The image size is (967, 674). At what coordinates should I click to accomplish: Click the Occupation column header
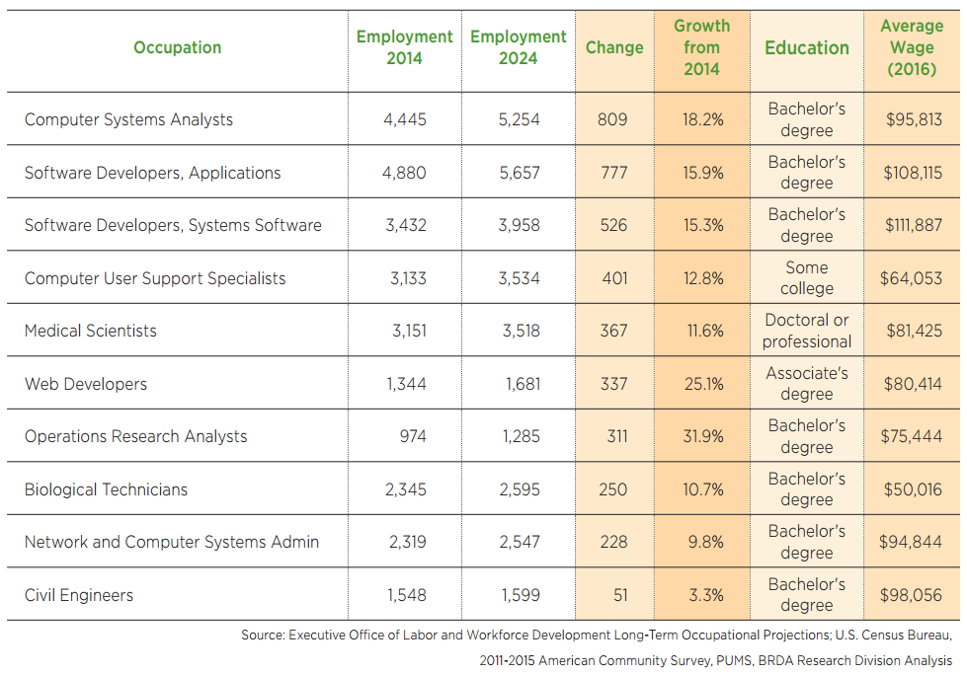click(178, 47)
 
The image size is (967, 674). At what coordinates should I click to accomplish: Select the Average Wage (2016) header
click(912, 47)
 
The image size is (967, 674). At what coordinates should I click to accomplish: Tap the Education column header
click(806, 47)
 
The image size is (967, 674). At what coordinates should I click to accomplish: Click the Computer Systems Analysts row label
click(128, 119)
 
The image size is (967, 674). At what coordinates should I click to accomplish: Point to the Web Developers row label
click(86, 384)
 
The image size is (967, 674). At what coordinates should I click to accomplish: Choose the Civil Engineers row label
click(79, 595)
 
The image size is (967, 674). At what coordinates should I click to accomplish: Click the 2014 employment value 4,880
click(404, 173)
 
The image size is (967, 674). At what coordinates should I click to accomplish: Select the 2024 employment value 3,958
click(519, 225)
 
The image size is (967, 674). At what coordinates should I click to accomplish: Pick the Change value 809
click(612, 119)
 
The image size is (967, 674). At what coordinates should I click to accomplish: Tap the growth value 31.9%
click(702, 436)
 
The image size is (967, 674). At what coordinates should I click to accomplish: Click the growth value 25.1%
click(702, 384)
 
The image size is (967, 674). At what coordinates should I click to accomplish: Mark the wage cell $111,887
click(912, 225)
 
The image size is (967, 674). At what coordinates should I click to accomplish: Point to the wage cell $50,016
click(912, 489)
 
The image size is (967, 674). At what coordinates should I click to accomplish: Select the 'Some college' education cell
click(806, 278)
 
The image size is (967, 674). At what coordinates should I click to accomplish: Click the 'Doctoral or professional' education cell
click(806, 331)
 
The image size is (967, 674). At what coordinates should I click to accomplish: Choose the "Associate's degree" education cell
click(806, 384)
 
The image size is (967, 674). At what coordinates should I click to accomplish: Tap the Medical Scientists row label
click(91, 331)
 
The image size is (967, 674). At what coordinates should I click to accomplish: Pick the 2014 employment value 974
click(413, 436)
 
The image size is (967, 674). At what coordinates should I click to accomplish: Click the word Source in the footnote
click(262, 636)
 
